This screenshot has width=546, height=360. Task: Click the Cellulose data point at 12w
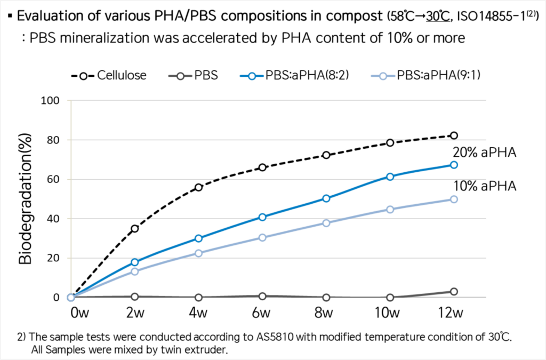click(454, 135)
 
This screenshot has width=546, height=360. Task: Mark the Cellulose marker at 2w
click(135, 228)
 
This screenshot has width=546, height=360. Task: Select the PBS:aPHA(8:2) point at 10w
click(390, 177)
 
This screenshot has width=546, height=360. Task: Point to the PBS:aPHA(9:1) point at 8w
click(326, 223)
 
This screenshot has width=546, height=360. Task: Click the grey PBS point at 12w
click(454, 292)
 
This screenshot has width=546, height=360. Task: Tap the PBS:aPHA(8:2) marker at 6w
click(262, 217)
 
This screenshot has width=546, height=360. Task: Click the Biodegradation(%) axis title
click(26, 198)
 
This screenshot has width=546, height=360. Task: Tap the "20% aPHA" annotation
click(485, 153)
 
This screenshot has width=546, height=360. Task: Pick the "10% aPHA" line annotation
click(485, 187)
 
